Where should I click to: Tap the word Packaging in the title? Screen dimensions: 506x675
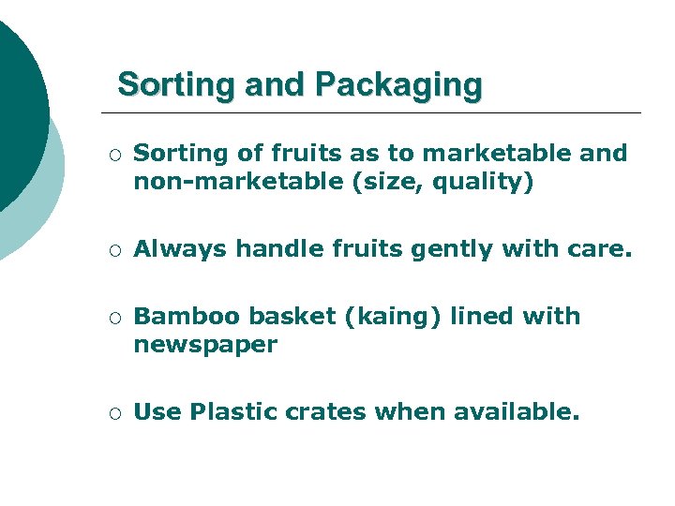398,85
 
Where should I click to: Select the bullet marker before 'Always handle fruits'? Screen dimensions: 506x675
112,250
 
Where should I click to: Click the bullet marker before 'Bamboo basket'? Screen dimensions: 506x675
112,318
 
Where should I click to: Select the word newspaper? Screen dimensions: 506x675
205,345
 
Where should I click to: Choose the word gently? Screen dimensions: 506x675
409,249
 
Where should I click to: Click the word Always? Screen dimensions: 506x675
180,249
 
